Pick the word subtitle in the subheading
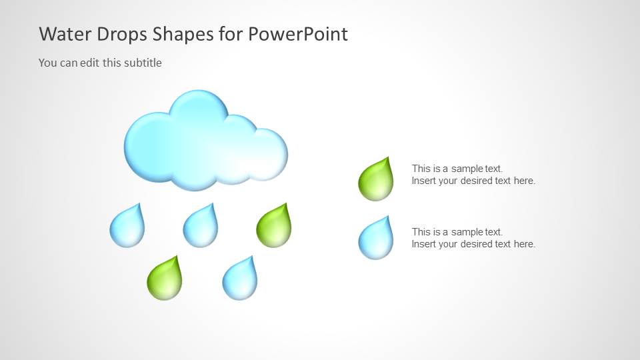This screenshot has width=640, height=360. point(143,63)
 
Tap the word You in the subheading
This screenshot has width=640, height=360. point(47,63)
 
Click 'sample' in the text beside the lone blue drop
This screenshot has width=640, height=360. point(467,232)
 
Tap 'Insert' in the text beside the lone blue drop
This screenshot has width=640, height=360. point(423,244)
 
